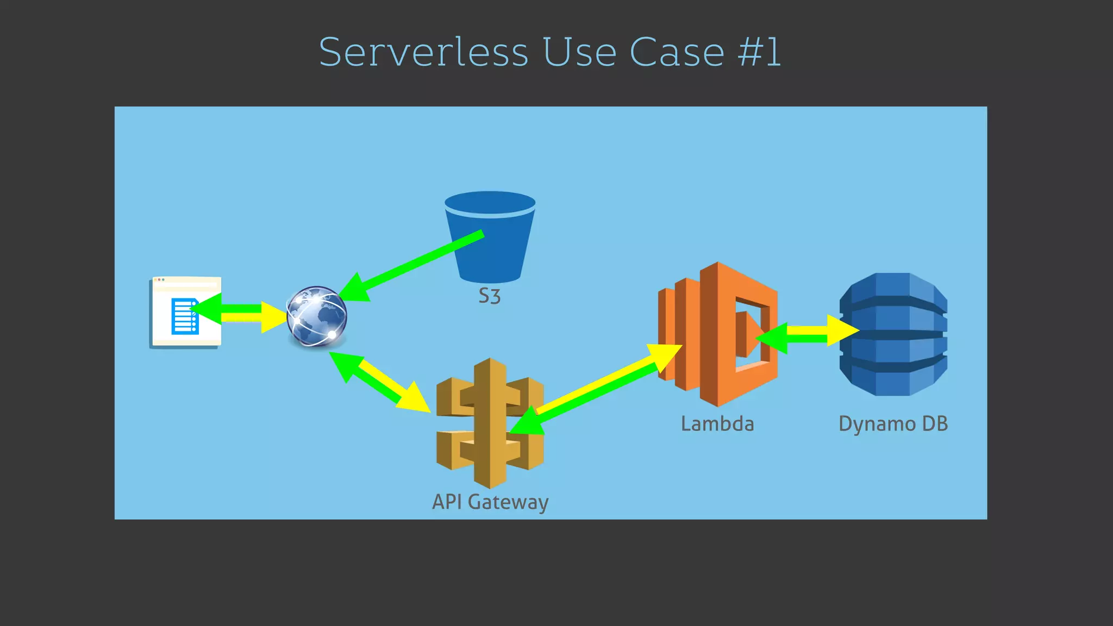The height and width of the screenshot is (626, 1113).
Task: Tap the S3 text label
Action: [x=489, y=297]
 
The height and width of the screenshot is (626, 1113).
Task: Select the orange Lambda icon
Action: [x=717, y=334]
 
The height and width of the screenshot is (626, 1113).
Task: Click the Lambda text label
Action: [x=717, y=424]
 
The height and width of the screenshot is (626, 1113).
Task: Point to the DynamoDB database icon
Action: [x=893, y=334]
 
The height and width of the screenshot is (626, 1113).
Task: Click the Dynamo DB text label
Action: [x=893, y=424]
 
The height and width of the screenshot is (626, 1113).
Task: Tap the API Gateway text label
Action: [x=490, y=502]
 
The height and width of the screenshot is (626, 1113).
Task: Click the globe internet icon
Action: [x=317, y=316]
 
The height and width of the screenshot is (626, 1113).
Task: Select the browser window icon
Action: [x=185, y=312]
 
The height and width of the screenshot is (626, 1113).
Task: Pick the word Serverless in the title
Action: [x=423, y=52]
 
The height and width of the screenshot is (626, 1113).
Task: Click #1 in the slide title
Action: [x=759, y=52]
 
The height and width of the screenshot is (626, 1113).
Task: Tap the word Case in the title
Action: [x=677, y=52]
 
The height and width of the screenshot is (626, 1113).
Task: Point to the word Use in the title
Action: [x=579, y=52]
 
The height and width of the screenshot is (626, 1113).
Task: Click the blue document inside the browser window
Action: [x=184, y=316]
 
